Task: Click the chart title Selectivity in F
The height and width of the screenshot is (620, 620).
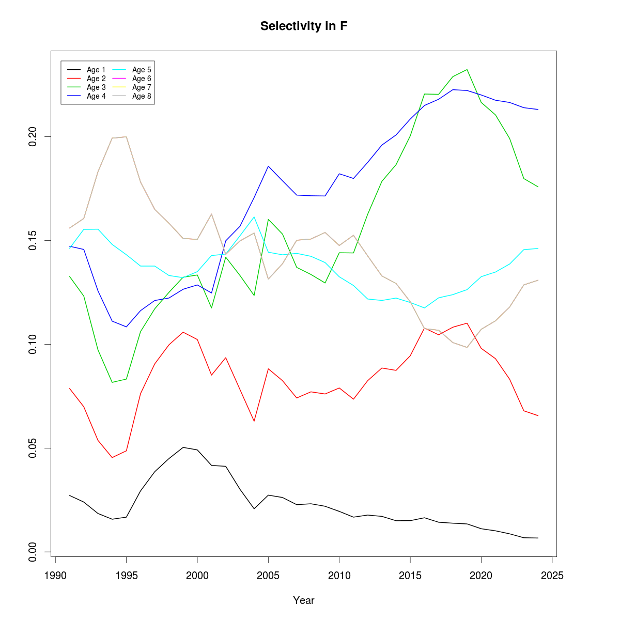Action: click(304, 26)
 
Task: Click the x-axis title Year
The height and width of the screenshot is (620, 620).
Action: click(304, 600)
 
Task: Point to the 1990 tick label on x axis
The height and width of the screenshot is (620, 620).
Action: click(55, 576)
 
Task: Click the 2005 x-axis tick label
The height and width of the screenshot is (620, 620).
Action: click(268, 576)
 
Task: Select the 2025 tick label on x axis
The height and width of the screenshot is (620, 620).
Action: click(552, 576)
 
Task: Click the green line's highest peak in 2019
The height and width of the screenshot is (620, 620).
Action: click(467, 69)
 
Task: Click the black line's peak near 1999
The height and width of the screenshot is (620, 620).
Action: click(183, 447)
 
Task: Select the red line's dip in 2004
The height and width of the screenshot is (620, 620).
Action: click(254, 421)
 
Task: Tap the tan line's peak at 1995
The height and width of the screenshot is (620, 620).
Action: click(126, 137)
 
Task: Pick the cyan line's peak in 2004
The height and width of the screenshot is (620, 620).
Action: click(254, 217)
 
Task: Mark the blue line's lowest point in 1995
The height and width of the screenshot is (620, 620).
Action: click(126, 327)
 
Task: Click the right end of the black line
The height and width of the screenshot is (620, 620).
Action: click(538, 538)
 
